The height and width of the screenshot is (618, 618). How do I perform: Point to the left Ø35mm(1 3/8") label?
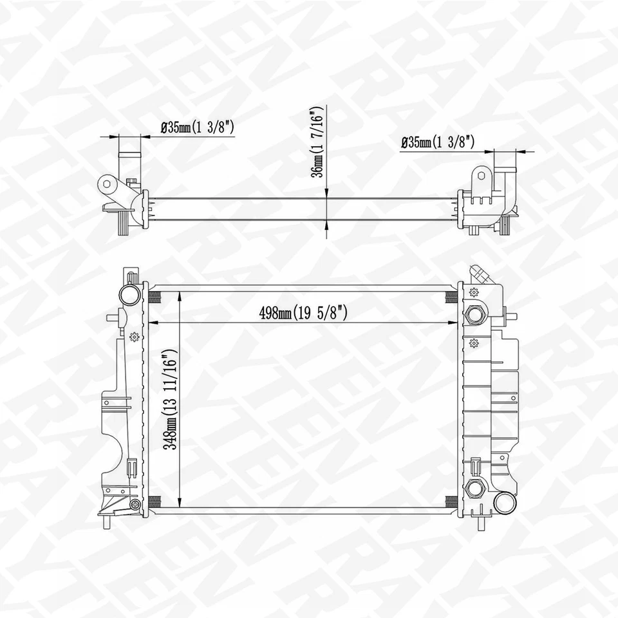197,128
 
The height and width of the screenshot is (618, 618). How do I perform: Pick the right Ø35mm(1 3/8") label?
438,142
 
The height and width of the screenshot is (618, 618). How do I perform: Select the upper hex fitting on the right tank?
476,314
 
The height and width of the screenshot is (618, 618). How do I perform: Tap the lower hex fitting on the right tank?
475,488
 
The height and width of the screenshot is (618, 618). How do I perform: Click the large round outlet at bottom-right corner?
504,501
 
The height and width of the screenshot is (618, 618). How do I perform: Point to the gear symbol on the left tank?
134,337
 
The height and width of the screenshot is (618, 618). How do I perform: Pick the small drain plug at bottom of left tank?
135,505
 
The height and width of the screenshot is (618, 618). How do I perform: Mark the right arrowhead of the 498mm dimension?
454,323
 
